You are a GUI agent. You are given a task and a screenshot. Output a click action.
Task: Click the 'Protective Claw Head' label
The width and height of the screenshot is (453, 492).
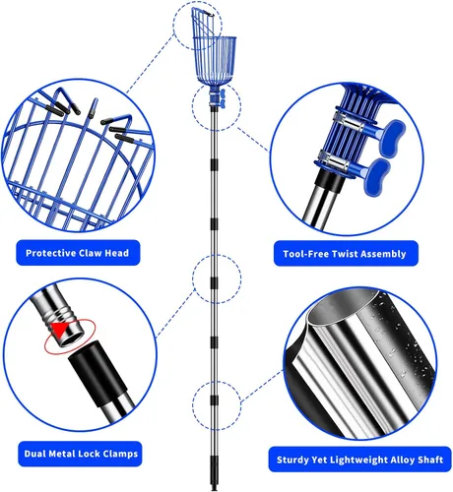pos(78,253)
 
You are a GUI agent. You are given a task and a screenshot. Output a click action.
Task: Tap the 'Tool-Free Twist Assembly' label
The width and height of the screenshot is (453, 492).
pos(346,254)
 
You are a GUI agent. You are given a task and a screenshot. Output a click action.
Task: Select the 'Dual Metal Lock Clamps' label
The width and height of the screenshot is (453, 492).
pos(80,454)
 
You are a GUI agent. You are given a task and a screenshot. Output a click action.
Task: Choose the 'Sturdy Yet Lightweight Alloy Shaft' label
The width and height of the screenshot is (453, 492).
pos(359,460)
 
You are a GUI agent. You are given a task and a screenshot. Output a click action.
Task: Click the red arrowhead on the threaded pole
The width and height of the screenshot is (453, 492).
pos(59,330)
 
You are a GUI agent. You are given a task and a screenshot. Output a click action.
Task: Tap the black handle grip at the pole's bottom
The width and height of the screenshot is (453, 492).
pos(214,472)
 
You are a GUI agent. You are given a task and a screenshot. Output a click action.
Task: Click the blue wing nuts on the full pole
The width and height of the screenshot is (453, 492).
pos(223,98)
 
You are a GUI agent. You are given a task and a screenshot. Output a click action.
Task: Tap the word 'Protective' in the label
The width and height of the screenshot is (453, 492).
pos(50,253)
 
